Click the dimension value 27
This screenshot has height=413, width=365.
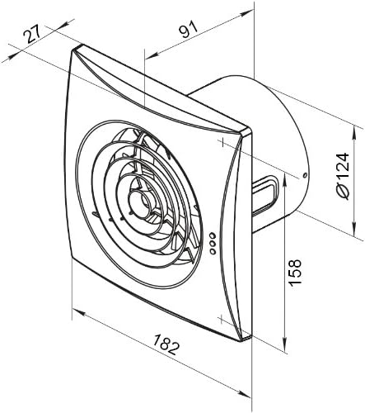tap(32, 33)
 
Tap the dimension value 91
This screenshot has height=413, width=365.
tap(189, 29)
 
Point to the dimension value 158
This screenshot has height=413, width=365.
tap(295, 273)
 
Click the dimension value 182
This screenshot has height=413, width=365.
tap(166, 344)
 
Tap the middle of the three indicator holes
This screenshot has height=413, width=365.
tap(213, 244)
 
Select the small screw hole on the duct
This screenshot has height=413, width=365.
tap(304, 176)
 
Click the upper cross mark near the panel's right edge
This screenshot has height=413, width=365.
tap(223, 143)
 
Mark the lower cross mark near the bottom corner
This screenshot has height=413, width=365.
tap(222, 319)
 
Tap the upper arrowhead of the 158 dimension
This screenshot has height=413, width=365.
tap(285, 179)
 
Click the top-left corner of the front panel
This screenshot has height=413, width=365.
tap(73, 50)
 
